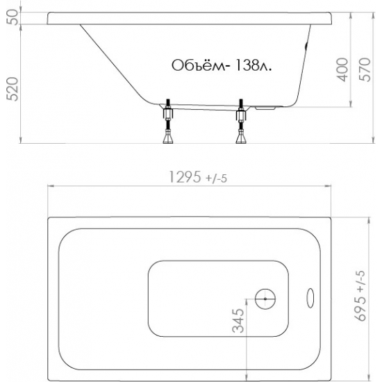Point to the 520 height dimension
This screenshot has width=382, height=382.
tap(13, 89)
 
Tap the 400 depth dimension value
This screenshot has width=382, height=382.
tap(342, 69)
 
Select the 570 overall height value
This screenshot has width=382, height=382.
tap(365, 69)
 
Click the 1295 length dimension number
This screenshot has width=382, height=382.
tap(185, 176)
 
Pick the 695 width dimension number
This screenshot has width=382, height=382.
tap(360, 309)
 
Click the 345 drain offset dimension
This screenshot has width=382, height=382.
tap(238, 321)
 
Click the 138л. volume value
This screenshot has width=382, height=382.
tap(253, 65)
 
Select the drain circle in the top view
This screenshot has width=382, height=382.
tap(265, 299)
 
